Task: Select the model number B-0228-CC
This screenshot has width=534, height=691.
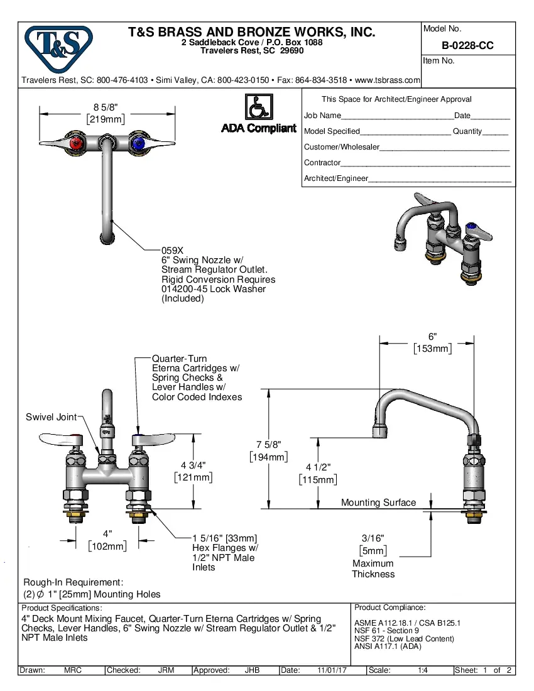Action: (x=467, y=45)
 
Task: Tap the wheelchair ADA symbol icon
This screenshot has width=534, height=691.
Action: (x=258, y=107)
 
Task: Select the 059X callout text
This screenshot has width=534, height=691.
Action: (x=172, y=249)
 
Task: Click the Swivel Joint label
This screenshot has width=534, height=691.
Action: (x=51, y=417)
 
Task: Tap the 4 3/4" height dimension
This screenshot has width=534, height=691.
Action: (x=193, y=465)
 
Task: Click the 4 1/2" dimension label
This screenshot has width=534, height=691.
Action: (x=318, y=467)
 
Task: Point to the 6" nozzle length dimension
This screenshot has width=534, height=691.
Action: (x=432, y=337)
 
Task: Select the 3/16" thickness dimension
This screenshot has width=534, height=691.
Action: (x=373, y=538)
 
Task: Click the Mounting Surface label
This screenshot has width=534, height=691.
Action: (x=378, y=503)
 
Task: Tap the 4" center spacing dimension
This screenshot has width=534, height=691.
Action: (x=107, y=533)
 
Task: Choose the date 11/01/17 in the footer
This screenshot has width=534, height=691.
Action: (x=332, y=670)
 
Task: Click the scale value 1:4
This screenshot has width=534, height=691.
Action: (x=423, y=670)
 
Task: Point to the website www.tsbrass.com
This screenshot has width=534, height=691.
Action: (x=387, y=80)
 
